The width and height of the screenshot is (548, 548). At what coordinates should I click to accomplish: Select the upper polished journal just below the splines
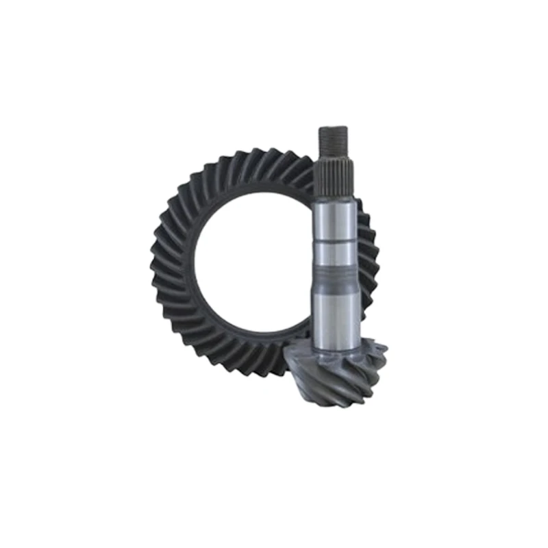336,219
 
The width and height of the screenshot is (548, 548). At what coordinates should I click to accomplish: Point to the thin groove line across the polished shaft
336,241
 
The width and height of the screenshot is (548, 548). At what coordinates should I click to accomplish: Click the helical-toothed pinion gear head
342,373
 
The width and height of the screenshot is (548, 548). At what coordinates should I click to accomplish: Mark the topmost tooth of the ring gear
260,156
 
